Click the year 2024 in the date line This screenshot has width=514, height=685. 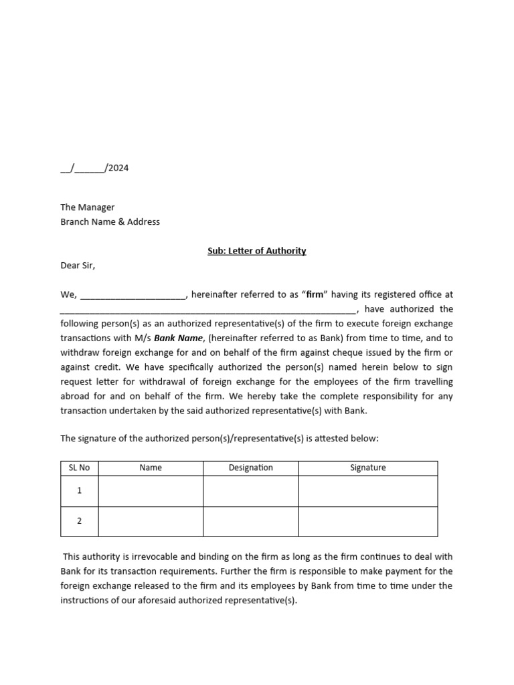118,168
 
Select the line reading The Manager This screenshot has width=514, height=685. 88,207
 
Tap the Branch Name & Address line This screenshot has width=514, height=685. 110,221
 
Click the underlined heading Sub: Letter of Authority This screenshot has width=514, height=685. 256,251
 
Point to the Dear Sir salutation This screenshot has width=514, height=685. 78,266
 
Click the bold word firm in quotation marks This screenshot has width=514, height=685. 315,294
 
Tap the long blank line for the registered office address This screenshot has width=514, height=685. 207,310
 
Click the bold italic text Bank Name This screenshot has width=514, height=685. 178,338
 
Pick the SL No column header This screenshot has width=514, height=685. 80,468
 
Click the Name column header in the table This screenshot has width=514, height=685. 151,468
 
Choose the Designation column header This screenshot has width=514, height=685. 251,468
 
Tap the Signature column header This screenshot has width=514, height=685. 368,468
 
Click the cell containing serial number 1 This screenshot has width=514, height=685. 80,491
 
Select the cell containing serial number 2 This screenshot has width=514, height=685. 80,521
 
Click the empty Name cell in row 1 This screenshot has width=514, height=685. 151,491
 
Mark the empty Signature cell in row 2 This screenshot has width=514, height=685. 368,521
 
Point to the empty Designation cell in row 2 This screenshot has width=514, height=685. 251,521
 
